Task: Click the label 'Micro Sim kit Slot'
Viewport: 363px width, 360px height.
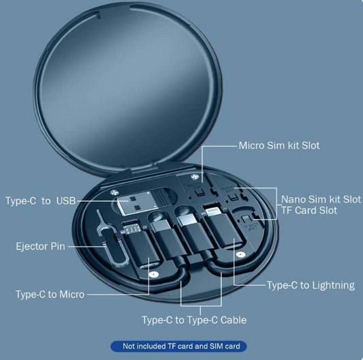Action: (279, 145)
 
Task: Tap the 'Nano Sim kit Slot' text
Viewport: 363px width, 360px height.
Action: (321, 199)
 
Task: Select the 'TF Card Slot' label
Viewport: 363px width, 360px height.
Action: (309, 211)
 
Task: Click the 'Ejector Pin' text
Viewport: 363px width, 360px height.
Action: (40, 246)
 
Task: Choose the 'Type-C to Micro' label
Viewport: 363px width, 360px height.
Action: (50, 295)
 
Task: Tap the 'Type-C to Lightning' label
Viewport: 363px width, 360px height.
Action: (311, 285)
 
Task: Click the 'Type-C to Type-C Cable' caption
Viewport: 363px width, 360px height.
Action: (194, 320)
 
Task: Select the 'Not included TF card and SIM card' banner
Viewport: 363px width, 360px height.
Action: (180, 346)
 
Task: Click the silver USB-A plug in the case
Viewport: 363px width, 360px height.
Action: (135, 205)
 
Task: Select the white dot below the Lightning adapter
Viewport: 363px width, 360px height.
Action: (238, 254)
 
